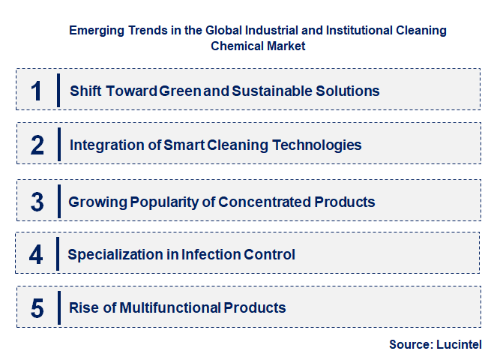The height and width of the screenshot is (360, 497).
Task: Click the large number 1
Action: (37, 90)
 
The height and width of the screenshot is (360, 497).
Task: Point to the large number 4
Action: (37, 254)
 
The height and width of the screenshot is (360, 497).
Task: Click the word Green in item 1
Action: (181, 91)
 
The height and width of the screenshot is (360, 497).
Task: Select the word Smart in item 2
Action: (183, 145)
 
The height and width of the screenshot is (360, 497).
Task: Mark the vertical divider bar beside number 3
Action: (58, 201)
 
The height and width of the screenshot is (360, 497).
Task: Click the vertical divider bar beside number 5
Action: (58, 307)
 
